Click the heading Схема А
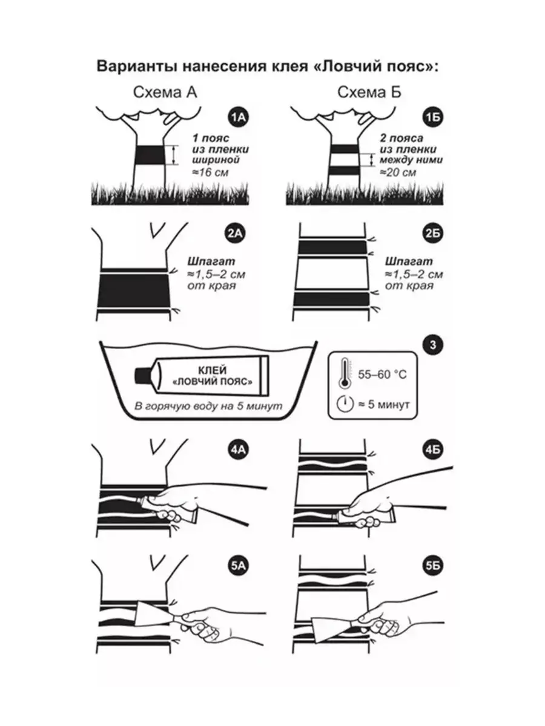tap(165, 93)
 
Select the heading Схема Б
tap(369, 93)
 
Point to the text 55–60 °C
tap(382, 374)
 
